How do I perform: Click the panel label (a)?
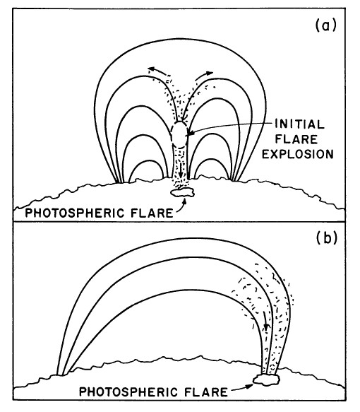pos(325,25)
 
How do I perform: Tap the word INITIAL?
pos(300,124)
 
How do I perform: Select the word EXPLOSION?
pos(298,154)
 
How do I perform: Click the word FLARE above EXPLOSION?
pos(296,139)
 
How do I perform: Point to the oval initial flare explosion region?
pos(179,134)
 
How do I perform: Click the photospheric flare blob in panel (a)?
pos(182,193)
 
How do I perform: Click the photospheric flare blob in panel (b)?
pos(266,379)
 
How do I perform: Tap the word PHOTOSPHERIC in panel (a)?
pos(75,213)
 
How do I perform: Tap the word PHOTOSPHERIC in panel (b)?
pos(129,392)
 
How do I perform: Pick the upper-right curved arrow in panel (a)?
pos(204,75)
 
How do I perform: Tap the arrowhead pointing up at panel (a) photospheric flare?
pos(185,201)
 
